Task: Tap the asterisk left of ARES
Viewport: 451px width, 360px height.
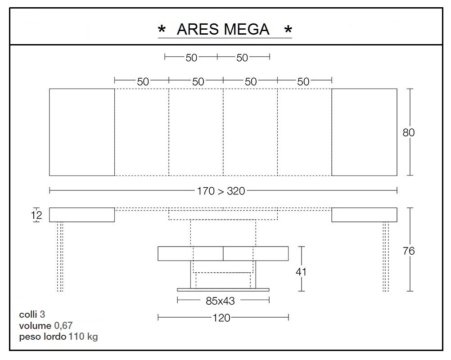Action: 161,31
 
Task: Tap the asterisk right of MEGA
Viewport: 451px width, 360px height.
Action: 288,31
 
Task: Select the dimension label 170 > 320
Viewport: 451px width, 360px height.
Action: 221,191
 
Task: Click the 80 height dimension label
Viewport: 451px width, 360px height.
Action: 408,133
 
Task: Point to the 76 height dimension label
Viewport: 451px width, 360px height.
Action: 409,251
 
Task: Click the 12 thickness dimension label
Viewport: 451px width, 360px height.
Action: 37,216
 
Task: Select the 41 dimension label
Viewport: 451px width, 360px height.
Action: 301,271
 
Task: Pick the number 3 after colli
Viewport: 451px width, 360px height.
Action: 42,314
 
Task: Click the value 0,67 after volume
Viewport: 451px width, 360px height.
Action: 63,325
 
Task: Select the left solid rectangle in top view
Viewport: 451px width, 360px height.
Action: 81,132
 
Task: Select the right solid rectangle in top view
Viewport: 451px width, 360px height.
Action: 364,132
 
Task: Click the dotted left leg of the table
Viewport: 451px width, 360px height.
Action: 60,256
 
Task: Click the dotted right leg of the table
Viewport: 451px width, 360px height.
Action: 386,256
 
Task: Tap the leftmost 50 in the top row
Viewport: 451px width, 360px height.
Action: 191,58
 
